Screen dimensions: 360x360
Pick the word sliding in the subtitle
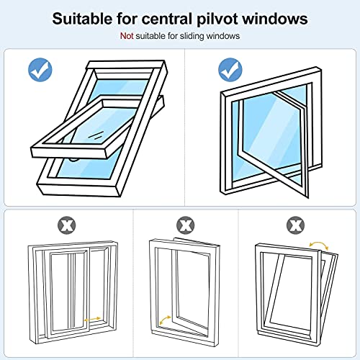[186, 35]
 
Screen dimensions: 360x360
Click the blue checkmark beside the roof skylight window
[40, 70]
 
